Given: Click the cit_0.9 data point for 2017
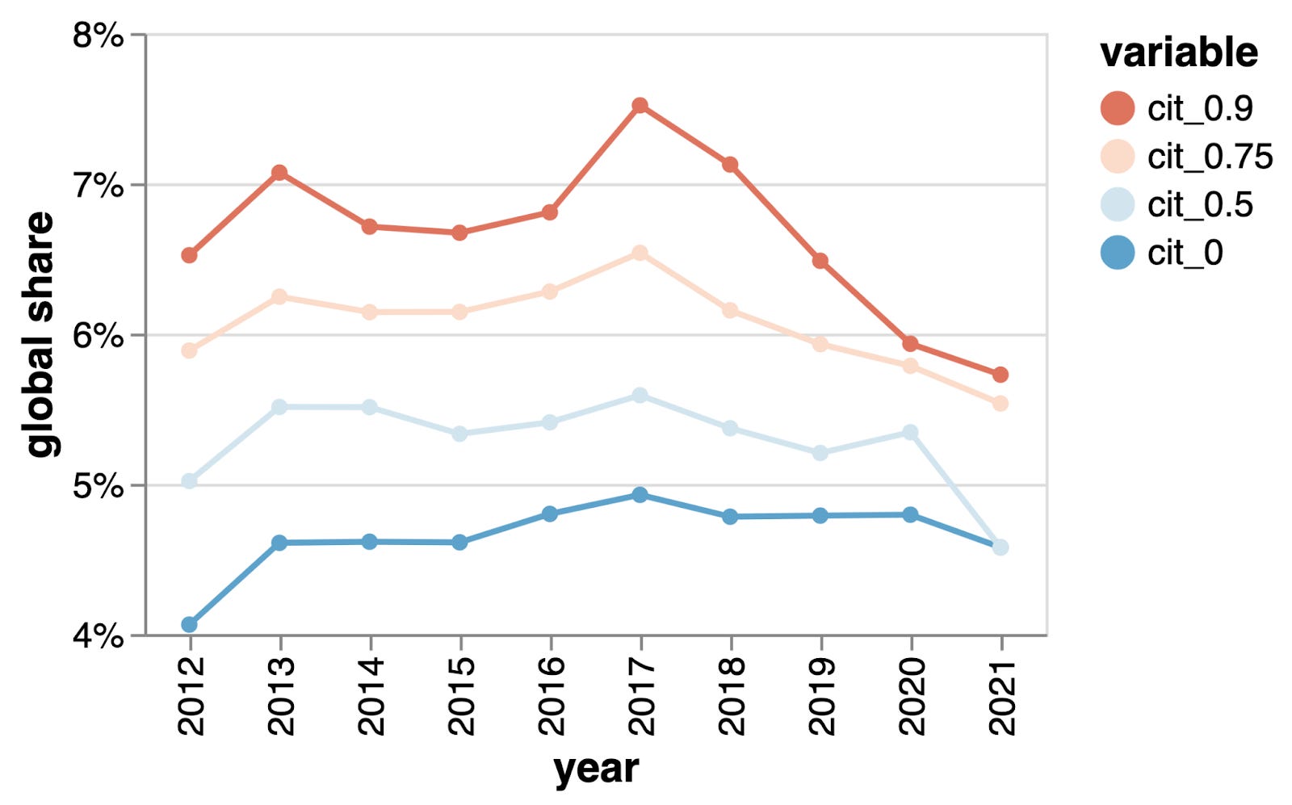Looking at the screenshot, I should pyautogui.click(x=640, y=106).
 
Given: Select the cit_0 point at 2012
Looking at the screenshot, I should pyautogui.click(x=190, y=624).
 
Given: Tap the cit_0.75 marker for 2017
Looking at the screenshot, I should pyautogui.click(x=640, y=254).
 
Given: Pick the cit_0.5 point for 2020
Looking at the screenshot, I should pyautogui.click(x=910, y=433).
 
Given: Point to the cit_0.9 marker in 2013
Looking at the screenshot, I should pyautogui.click(x=279, y=173).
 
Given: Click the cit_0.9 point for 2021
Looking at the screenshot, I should pyautogui.click(x=1000, y=375).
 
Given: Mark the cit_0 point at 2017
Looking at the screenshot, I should pyautogui.click(x=640, y=495).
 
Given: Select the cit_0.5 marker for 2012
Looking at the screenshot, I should pyautogui.click(x=190, y=481).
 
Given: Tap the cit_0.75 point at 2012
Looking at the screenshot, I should pyautogui.click(x=190, y=350).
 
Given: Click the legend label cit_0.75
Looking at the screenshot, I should pyautogui.click(x=1210, y=157).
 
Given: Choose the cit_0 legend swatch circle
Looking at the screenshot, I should pyautogui.click(x=1118, y=253).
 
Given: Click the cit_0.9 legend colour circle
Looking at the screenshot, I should pyautogui.click(x=1118, y=108).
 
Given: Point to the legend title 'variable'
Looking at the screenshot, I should pyautogui.click(x=1178, y=53).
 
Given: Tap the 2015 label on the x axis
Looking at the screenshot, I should pyautogui.click(x=460, y=695).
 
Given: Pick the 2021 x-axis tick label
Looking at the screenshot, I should pyautogui.click(x=1001, y=695).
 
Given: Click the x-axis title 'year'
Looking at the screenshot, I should pyautogui.click(x=596, y=769).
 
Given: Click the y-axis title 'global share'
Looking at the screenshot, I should pyautogui.click(x=40, y=334).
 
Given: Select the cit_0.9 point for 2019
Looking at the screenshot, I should pyautogui.click(x=820, y=261).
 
